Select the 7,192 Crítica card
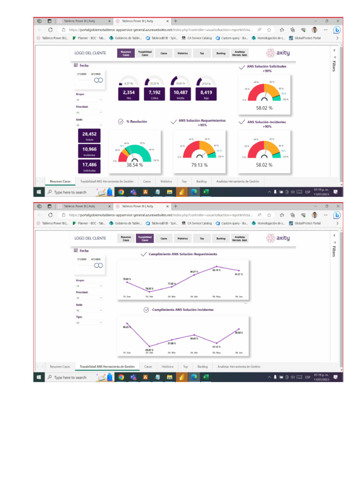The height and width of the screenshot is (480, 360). coord(154,94)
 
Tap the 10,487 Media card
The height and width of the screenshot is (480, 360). coord(180,94)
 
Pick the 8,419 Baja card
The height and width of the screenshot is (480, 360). coord(206,94)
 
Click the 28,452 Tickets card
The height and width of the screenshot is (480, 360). coord(89,135)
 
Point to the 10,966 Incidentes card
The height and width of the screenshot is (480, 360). coord(89,151)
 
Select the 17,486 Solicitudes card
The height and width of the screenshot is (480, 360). coord(89,166)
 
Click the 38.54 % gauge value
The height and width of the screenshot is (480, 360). coord(135,165)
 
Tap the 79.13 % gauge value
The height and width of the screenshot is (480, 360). coord(200,165)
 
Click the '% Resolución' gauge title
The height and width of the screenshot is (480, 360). coord(136,121)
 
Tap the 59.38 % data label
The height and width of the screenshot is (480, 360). coord(239,333)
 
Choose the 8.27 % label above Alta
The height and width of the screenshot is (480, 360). coord(128,83)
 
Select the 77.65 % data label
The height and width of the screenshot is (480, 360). coord(172,284)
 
